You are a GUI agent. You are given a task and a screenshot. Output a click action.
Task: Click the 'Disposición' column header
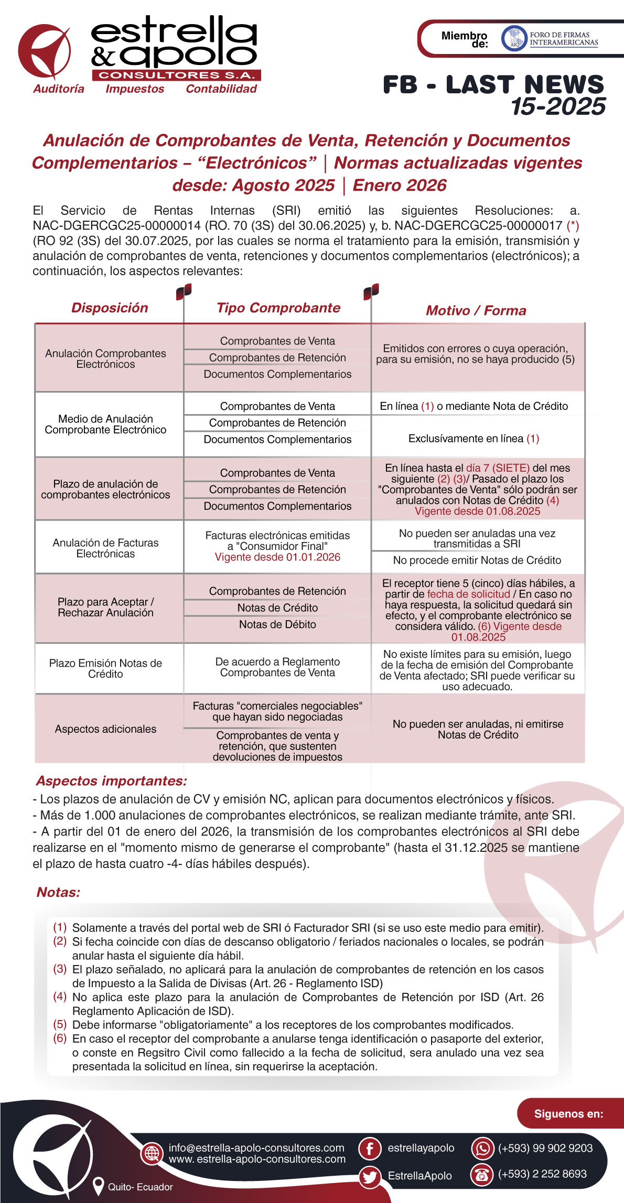point(110,308)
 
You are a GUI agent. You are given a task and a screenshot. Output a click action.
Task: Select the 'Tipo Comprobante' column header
point(278,308)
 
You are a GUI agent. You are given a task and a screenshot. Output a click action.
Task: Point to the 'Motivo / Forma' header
point(476,310)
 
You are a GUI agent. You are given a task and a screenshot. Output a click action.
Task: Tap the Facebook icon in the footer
point(369,1148)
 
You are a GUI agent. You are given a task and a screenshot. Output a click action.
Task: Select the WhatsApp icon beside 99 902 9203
point(482,1148)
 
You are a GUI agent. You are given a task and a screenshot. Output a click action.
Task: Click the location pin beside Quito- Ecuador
point(98,1186)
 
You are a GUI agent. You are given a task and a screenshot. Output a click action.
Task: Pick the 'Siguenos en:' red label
point(568,1113)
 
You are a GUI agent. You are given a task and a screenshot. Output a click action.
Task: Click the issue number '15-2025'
point(558,106)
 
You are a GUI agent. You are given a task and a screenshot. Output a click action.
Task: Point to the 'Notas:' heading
point(58,892)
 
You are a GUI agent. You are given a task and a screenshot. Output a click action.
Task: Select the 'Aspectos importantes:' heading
point(111,781)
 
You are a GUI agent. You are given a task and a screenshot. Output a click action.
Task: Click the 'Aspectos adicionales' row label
point(105,729)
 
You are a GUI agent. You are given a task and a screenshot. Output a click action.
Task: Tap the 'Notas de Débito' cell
point(277,624)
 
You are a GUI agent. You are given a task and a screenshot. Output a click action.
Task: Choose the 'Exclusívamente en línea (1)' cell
point(474,438)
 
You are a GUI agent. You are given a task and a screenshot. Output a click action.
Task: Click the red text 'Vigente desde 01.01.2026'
point(277,557)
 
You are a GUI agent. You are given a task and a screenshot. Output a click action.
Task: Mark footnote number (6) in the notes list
point(60,1038)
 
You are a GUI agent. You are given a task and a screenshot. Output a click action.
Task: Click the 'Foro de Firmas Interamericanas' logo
point(550,39)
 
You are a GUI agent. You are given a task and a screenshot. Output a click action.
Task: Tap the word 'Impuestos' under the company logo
point(135,89)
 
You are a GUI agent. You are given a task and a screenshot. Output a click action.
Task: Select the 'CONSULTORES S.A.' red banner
point(176,75)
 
